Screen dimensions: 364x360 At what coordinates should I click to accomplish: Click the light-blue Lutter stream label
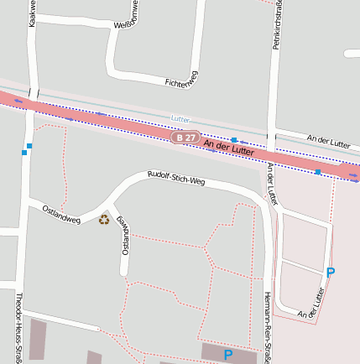coord(180,118)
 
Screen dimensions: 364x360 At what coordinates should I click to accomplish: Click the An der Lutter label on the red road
coord(228,148)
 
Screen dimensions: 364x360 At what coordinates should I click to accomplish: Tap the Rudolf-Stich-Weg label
coord(176,178)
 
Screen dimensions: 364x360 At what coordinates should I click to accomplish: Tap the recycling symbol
coord(104,220)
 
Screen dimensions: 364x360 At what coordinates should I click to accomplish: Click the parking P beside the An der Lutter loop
coord(330,273)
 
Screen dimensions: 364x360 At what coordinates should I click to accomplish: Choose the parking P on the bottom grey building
coord(227,355)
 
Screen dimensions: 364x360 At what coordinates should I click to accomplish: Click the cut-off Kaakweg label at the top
coord(32,13)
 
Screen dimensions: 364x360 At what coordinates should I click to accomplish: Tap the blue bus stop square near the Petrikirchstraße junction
coord(234,139)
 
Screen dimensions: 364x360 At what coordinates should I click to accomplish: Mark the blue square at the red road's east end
coord(317,171)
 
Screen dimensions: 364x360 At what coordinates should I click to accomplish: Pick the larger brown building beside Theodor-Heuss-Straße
coord(38,339)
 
